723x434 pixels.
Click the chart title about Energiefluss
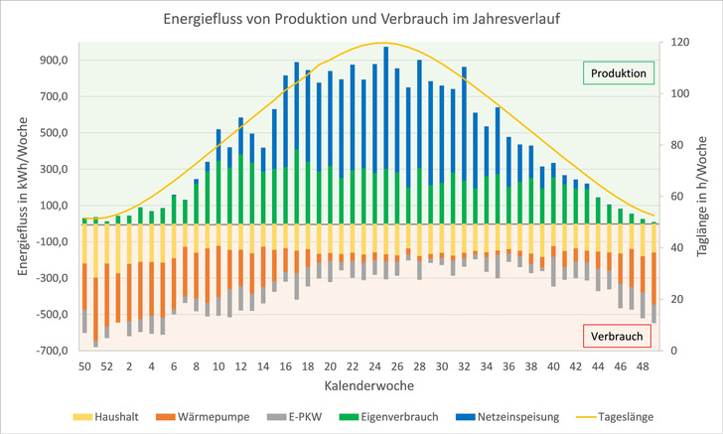361,19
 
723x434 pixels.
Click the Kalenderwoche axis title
361,384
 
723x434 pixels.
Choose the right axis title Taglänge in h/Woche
707,197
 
